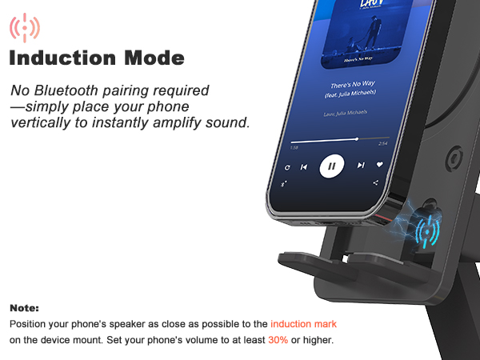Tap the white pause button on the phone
[331, 166]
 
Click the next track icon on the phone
[361, 166]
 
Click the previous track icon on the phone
[304, 167]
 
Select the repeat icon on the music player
[287, 167]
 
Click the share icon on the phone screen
[375, 183]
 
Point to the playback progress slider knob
[357, 138]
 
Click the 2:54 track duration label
[382, 144]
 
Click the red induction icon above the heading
[25, 27]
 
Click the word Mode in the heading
[158, 58]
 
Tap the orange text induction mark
[303, 324]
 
